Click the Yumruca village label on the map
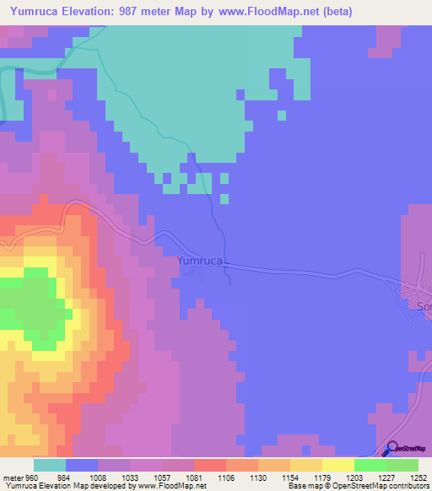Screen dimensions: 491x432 coord(200,262)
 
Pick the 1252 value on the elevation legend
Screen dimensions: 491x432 coord(418,477)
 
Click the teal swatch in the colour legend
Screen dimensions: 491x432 coord(49,465)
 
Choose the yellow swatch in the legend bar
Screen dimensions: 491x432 coord(337,465)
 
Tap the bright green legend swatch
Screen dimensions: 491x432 coord(370,465)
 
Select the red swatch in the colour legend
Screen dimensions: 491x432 coord(209,465)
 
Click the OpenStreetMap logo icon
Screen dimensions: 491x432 coord(391,448)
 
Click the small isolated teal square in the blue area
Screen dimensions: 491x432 coord(224,199)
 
